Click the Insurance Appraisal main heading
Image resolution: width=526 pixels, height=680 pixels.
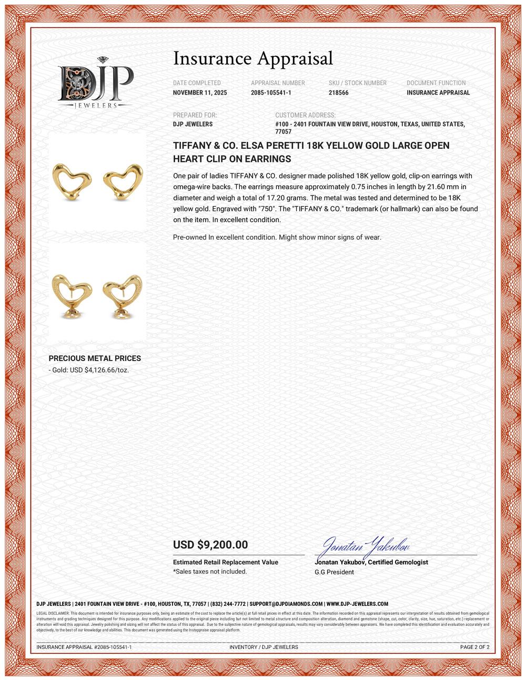pyautogui.click(x=253, y=58)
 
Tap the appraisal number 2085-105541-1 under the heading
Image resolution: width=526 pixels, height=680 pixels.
pyautogui.click(x=271, y=93)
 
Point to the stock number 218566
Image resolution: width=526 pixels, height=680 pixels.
pyautogui.click(x=338, y=93)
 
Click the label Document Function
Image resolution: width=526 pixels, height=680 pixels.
pyautogui.click(x=436, y=83)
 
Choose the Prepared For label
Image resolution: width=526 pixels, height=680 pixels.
pyautogui.click(x=195, y=115)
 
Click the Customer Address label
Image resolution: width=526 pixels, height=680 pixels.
pyautogui.click(x=305, y=115)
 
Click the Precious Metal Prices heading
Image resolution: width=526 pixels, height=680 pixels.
pyautogui.click(x=95, y=358)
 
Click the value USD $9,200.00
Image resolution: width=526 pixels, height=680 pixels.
pyautogui.click(x=210, y=545)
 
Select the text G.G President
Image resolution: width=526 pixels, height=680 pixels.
pyautogui.click(x=334, y=572)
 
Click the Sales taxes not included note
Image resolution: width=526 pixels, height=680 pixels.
pyautogui.click(x=210, y=571)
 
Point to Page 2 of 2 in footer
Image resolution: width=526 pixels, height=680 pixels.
pyautogui.click(x=474, y=647)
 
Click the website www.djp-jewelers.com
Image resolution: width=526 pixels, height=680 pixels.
pyautogui.click(x=357, y=604)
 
